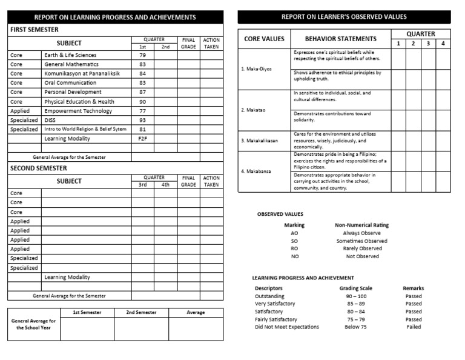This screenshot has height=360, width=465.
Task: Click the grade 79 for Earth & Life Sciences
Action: pyautogui.click(x=143, y=55)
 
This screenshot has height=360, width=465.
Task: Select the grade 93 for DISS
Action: pyautogui.click(x=143, y=120)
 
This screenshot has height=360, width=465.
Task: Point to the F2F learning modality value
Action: pyautogui.click(x=143, y=139)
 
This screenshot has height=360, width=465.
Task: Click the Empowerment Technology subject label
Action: pyautogui.click(x=78, y=111)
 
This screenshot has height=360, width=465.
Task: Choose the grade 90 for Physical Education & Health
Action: pyautogui.click(x=143, y=102)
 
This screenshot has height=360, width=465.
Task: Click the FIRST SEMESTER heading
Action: pyautogui.click(x=35, y=29)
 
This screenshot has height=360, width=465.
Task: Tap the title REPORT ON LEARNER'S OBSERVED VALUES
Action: pyautogui.click(x=344, y=17)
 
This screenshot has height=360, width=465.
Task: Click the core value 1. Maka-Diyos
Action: pyautogui.click(x=256, y=68)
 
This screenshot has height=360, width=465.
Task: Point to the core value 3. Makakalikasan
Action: pyautogui.click(x=260, y=141)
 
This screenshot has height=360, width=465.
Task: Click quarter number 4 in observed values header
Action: pyautogui.click(x=443, y=44)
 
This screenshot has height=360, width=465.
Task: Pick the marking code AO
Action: pyautogui.click(x=294, y=233)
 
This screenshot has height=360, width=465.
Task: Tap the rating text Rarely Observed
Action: pyautogui.click(x=362, y=248)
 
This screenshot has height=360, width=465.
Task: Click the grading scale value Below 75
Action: pyautogui.click(x=355, y=327)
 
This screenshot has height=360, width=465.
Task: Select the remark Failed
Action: pyautogui.click(x=414, y=327)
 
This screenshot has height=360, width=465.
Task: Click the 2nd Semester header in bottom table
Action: pyautogui.click(x=141, y=313)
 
